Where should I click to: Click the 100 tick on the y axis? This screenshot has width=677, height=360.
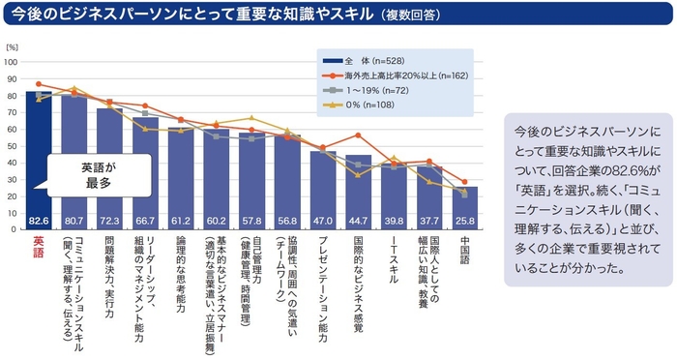pyautogui.click(x=13, y=61)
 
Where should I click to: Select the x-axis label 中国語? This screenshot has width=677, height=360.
pyautogui.click(x=464, y=252)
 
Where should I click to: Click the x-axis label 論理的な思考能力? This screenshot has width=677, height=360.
pyautogui.click(x=181, y=266)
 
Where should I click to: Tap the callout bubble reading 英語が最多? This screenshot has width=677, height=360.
pyautogui.click(x=97, y=173)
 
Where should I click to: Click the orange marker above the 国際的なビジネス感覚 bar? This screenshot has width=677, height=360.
pyautogui.click(x=358, y=135)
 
